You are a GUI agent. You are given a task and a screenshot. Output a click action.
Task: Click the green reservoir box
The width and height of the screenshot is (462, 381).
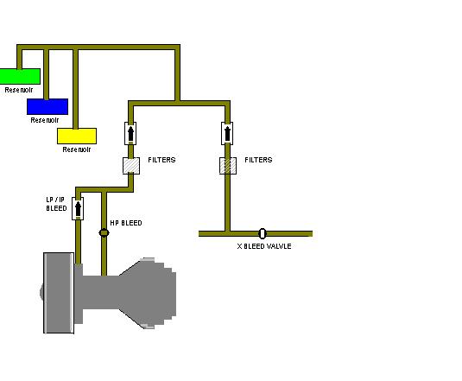click(x=20, y=76)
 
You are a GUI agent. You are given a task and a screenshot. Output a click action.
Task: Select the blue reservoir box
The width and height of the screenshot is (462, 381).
click(x=47, y=106)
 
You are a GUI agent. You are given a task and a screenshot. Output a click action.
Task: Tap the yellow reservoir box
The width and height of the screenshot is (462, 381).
click(x=77, y=137)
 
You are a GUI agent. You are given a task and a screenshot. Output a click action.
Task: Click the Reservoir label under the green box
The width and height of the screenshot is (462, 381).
click(x=19, y=90)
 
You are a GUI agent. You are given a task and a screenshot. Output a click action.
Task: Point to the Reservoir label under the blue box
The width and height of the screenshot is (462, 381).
click(x=45, y=120)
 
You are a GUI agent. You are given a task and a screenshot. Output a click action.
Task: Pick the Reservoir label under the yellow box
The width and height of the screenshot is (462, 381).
click(x=77, y=149)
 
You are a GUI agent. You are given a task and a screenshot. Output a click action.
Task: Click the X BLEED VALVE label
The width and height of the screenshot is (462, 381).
click(x=264, y=246)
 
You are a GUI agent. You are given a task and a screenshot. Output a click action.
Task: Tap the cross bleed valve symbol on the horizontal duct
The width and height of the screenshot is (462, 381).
click(x=263, y=233)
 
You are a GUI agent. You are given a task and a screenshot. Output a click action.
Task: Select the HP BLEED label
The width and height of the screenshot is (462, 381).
click(x=126, y=223)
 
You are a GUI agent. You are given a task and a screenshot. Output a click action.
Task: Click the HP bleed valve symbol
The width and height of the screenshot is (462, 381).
click(x=104, y=232)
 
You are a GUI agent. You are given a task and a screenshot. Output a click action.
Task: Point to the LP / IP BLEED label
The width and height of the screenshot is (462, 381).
click(x=57, y=204)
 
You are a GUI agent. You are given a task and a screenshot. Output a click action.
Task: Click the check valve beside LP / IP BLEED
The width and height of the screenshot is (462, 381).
click(x=78, y=208)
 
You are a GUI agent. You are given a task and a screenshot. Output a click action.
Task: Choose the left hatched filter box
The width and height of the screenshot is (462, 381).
click(x=131, y=166)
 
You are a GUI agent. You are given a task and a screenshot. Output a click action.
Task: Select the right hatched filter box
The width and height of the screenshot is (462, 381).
click(x=228, y=166)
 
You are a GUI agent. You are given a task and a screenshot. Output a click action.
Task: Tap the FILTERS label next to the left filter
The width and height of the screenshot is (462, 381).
click(x=161, y=160)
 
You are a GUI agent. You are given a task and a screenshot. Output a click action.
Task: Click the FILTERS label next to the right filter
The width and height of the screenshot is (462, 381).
click(x=258, y=160)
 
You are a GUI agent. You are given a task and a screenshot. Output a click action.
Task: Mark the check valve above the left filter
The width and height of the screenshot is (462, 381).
click(x=130, y=134)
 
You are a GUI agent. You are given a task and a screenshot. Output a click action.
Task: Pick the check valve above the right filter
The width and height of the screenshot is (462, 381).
click(x=227, y=134)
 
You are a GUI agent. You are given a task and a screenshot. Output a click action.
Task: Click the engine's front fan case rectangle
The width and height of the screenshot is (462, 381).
click(x=59, y=293)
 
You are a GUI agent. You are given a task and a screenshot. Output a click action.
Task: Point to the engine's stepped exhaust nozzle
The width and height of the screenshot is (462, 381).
click(x=149, y=293)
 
